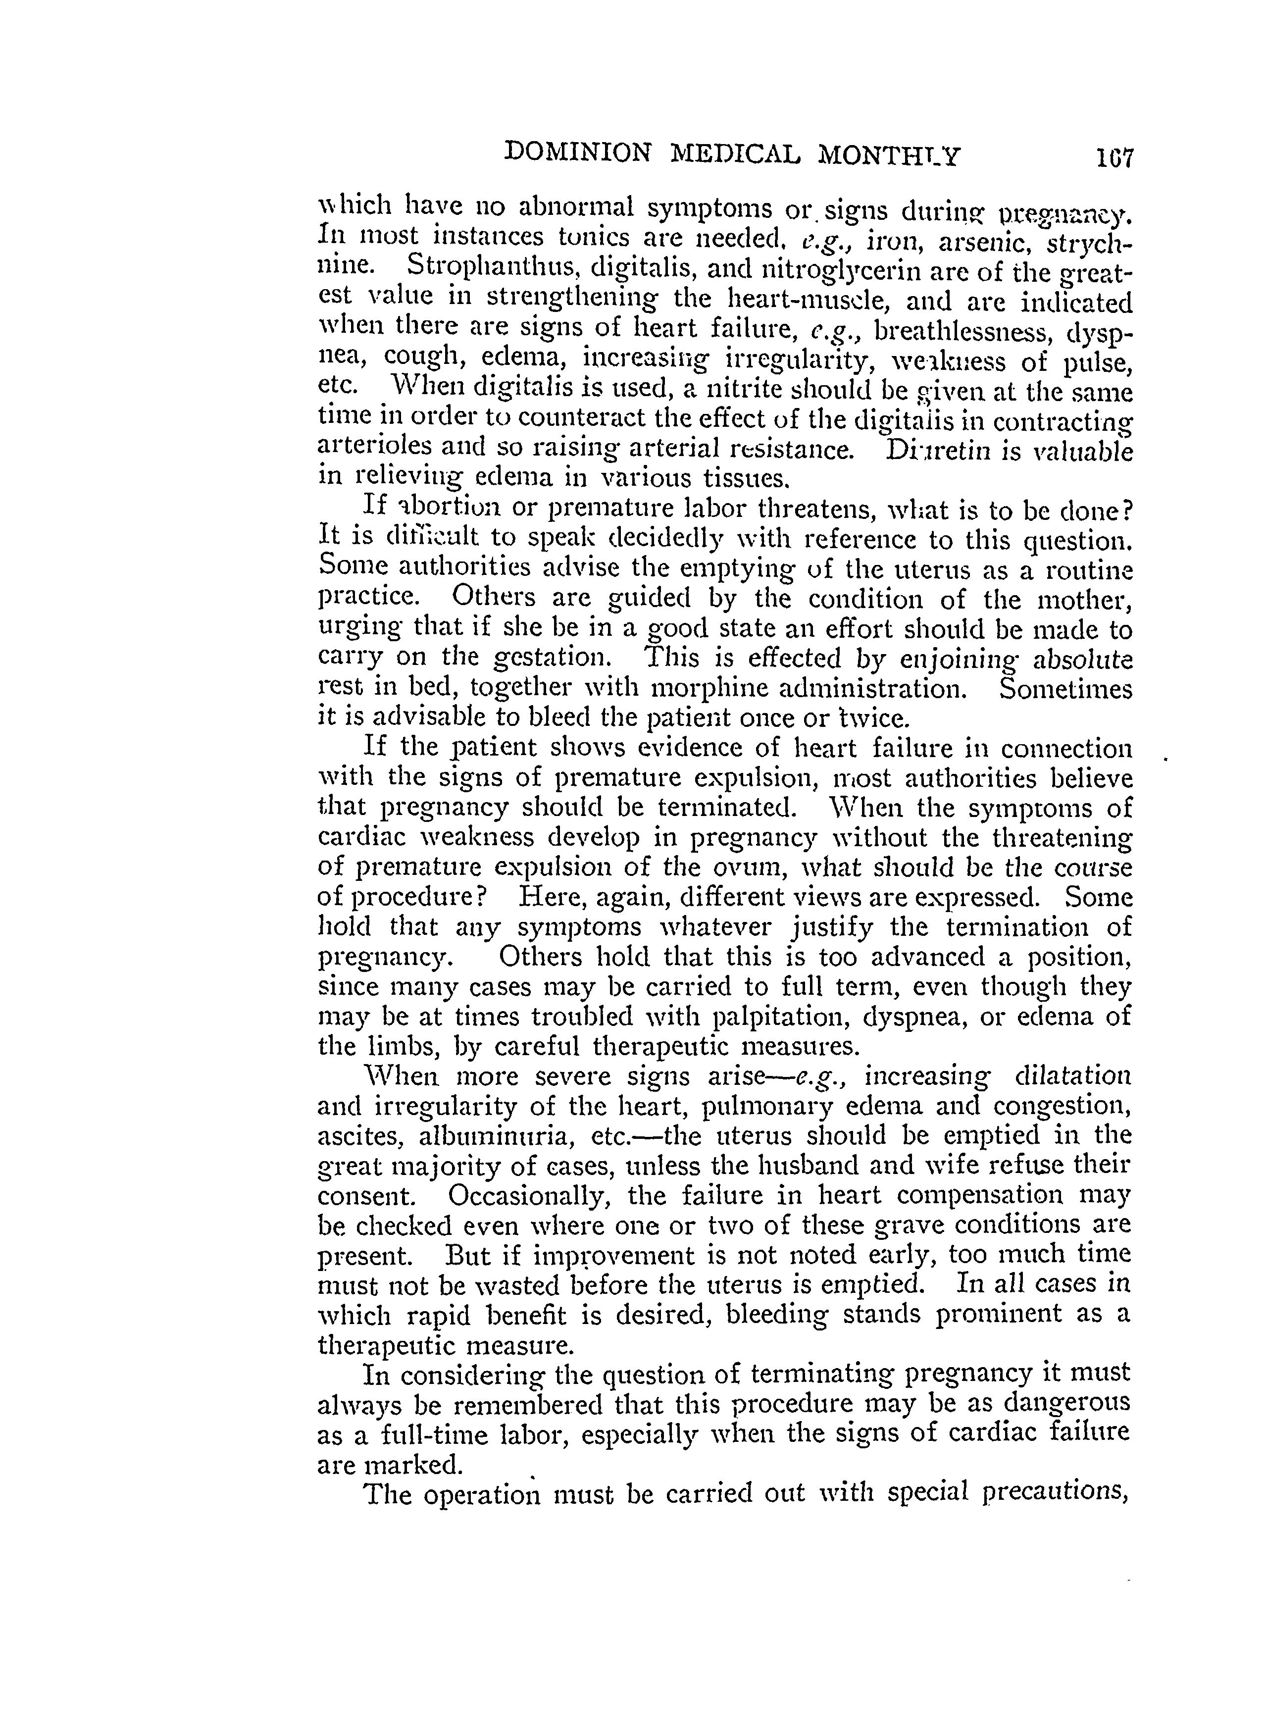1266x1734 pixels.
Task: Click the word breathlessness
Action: pos(962,330)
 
